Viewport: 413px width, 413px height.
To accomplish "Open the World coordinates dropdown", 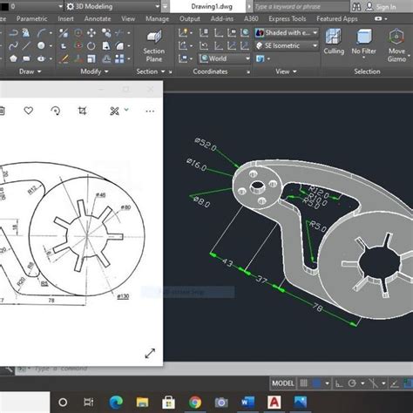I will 213,58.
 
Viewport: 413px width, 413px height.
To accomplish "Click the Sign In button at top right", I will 383,6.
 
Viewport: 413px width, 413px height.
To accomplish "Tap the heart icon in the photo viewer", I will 28,111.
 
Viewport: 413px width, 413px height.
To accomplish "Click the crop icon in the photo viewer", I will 83,111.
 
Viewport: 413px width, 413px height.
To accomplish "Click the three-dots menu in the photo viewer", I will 149,111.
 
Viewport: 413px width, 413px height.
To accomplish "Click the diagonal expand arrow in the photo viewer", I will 149,353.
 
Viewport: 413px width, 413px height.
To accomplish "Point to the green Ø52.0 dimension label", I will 206,145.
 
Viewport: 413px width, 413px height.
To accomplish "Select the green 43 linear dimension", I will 228,262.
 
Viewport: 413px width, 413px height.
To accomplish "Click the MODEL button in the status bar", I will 283,383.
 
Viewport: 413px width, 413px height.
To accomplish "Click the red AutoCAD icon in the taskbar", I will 273,402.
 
